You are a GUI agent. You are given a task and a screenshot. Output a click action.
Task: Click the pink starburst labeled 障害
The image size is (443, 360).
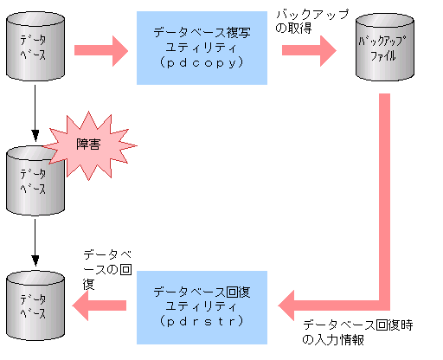tap(87, 144)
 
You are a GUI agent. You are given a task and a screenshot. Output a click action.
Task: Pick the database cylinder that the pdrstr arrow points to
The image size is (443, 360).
tap(35, 303)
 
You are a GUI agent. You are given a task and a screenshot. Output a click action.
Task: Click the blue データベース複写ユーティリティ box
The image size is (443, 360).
tap(206, 48)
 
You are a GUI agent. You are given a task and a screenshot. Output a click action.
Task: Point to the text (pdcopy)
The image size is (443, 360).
tap(206, 65)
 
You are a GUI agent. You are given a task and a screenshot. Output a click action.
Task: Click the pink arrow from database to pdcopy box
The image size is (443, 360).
tap(98, 48)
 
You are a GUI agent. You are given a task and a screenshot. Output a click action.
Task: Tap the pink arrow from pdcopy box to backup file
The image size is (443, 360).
tap(308, 48)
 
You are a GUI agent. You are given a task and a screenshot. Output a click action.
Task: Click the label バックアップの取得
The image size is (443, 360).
tap(305, 22)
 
